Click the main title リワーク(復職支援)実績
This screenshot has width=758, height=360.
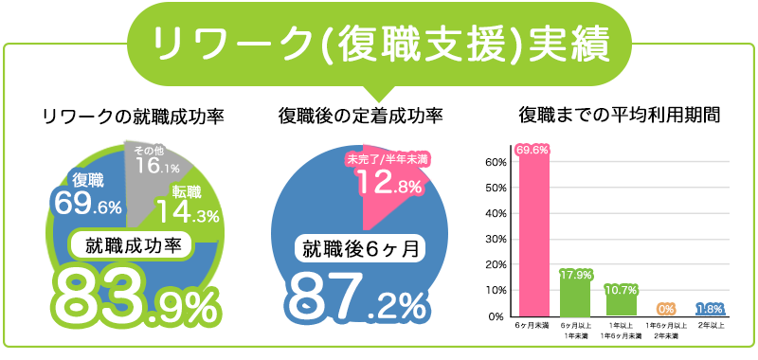(379, 43)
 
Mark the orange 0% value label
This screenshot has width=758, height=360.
(665, 309)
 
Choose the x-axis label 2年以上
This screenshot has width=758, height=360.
(709, 326)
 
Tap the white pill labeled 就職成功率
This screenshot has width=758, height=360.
(133, 243)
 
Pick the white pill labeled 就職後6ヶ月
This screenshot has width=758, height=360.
(360, 248)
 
